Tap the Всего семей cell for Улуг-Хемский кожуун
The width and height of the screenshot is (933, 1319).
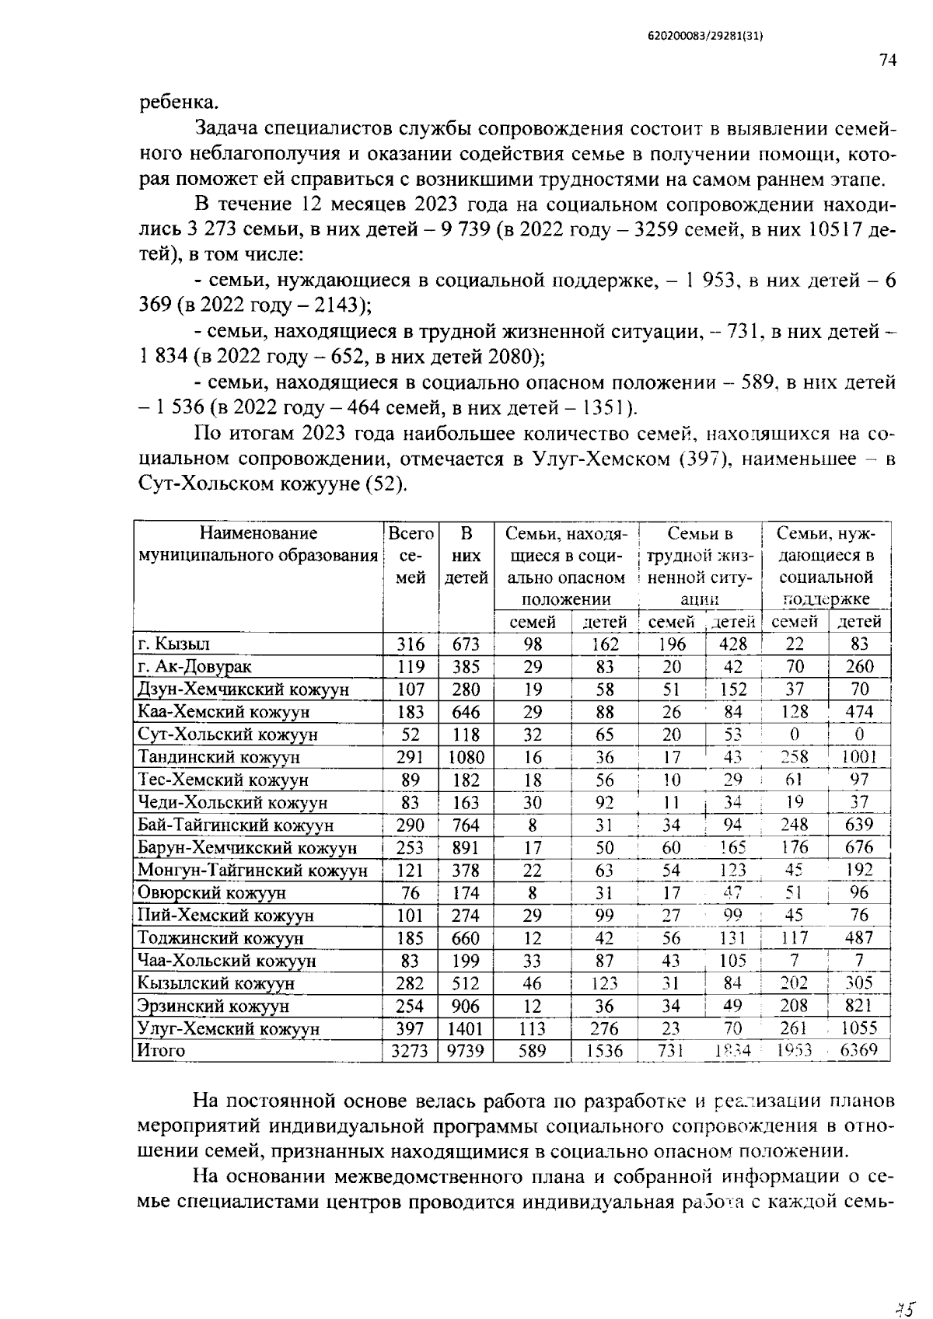point(411,1028)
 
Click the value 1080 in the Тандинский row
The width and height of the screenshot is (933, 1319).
point(466,757)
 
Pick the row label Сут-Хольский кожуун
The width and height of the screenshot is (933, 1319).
point(228,735)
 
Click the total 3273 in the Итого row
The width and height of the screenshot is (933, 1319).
point(410,1051)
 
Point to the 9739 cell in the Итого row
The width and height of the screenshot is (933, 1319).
point(466,1051)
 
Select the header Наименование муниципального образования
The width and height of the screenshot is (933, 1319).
point(258,545)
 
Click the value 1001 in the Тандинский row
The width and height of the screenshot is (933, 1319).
point(859,757)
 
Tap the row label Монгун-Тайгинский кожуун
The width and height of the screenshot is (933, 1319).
point(252,871)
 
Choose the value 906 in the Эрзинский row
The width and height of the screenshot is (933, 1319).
point(466,1006)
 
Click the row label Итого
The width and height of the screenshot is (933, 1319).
point(161,1051)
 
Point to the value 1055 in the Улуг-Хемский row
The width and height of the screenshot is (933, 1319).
point(859,1028)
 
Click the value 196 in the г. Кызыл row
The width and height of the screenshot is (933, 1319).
point(672,644)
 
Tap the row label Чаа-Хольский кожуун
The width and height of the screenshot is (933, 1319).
point(226,961)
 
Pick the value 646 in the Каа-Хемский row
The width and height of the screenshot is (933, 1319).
point(466,712)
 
